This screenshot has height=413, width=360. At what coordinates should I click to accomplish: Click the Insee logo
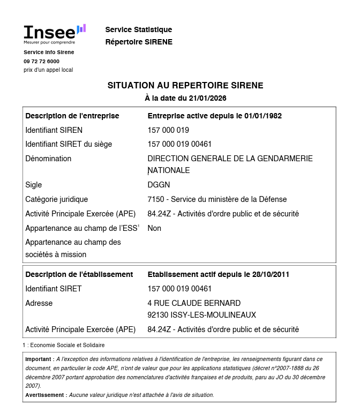pyautogui.click(x=54, y=33)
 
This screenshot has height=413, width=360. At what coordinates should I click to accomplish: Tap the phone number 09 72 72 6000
pyautogui.click(x=41, y=61)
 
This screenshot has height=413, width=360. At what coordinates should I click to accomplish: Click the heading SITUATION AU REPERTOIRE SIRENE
pyautogui.click(x=185, y=86)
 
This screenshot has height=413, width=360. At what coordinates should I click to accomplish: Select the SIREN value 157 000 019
pyautogui.click(x=168, y=130)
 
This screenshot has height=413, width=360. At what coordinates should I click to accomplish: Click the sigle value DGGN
pyautogui.click(x=159, y=185)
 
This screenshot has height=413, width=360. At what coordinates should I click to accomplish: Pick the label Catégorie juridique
pyautogui.click(x=56, y=199)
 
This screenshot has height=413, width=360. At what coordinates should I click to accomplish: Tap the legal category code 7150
pyautogui.click(x=156, y=199)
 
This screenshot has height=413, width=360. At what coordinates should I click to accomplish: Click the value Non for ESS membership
pyautogui.click(x=154, y=228)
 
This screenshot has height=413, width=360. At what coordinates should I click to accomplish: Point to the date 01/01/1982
pyautogui.click(x=263, y=116)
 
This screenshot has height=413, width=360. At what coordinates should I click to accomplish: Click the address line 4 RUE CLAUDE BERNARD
pyautogui.click(x=194, y=303)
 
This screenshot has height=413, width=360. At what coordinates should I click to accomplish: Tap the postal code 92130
pyautogui.click(x=157, y=315)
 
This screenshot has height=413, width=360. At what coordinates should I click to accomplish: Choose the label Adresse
pyautogui.click(x=39, y=303)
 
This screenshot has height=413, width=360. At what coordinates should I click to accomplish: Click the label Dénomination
pyautogui.click(x=48, y=159)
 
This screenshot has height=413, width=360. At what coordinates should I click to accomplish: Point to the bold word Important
pyautogui.click(x=39, y=359)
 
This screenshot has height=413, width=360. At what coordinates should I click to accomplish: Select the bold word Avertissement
pyautogui.click(x=46, y=395)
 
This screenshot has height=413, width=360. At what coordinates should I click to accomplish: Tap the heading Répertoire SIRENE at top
pyautogui.click(x=139, y=42)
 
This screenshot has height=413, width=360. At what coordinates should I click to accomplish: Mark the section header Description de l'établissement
pyautogui.click(x=79, y=274)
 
